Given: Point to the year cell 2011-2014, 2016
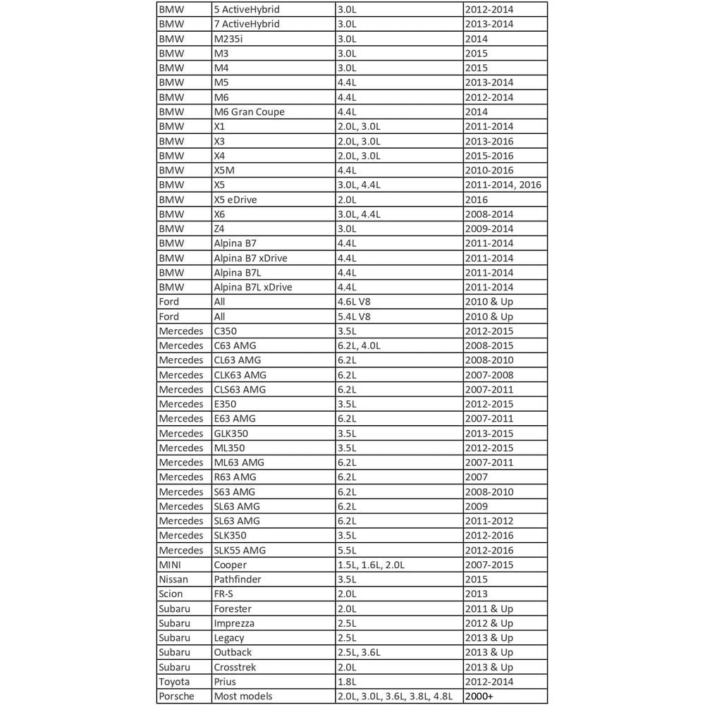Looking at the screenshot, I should (503, 185).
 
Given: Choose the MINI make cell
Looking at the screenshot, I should (171, 565).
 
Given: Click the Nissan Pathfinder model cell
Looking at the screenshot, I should (238, 580).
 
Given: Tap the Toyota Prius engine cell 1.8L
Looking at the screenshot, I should (347, 682).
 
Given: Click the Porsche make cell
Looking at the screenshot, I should (176, 697).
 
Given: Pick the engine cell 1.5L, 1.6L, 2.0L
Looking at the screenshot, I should (372, 565).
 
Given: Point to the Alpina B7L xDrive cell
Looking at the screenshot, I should (252, 287).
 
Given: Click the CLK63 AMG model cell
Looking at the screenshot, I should (240, 375).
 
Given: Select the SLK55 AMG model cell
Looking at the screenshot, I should (240, 550).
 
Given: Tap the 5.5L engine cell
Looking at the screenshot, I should (347, 550).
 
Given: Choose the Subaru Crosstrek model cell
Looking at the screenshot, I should (235, 667).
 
